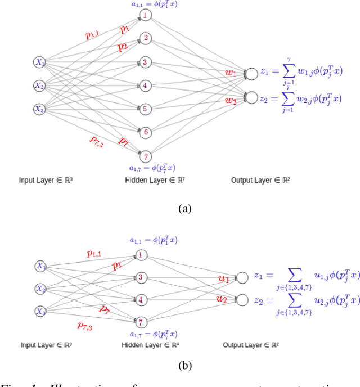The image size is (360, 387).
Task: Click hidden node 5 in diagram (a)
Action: point(145,109)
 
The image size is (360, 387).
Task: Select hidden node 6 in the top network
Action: point(145,132)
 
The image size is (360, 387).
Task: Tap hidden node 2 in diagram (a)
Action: point(145,38)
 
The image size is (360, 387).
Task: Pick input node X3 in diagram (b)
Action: point(40,311)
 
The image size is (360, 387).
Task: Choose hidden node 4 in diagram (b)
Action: point(141,300)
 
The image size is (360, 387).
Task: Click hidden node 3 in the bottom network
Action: point(141,277)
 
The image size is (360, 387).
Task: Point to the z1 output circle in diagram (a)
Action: point(251,74)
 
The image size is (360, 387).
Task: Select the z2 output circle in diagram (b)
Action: point(242,300)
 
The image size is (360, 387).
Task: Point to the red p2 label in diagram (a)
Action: point(123,47)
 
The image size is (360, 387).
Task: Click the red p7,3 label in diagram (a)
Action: point(96,141)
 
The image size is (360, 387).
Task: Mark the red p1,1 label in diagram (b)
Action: point(94,254)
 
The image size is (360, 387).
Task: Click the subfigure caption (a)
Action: point(185,209)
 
